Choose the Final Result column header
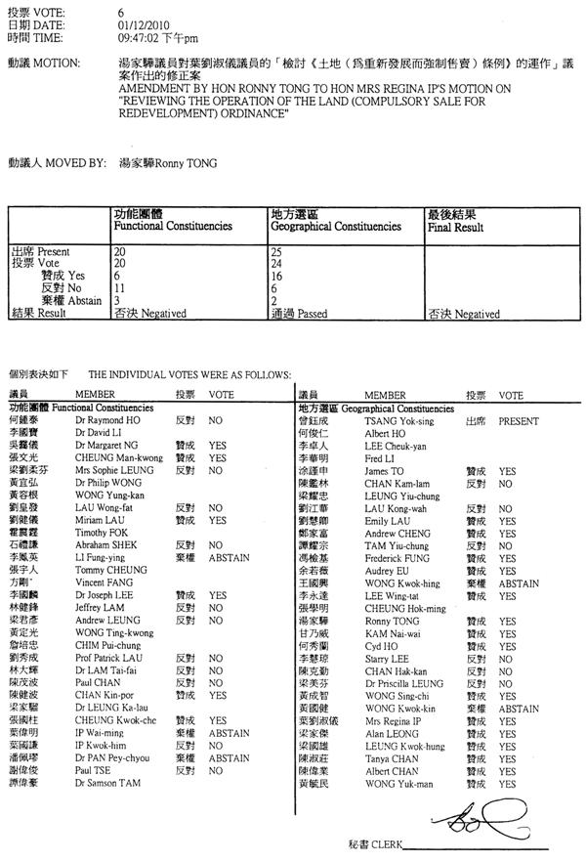[455, 227]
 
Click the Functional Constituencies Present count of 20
[119, 251]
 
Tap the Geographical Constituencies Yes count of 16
[275, 276]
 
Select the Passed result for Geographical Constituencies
[293, 314]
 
